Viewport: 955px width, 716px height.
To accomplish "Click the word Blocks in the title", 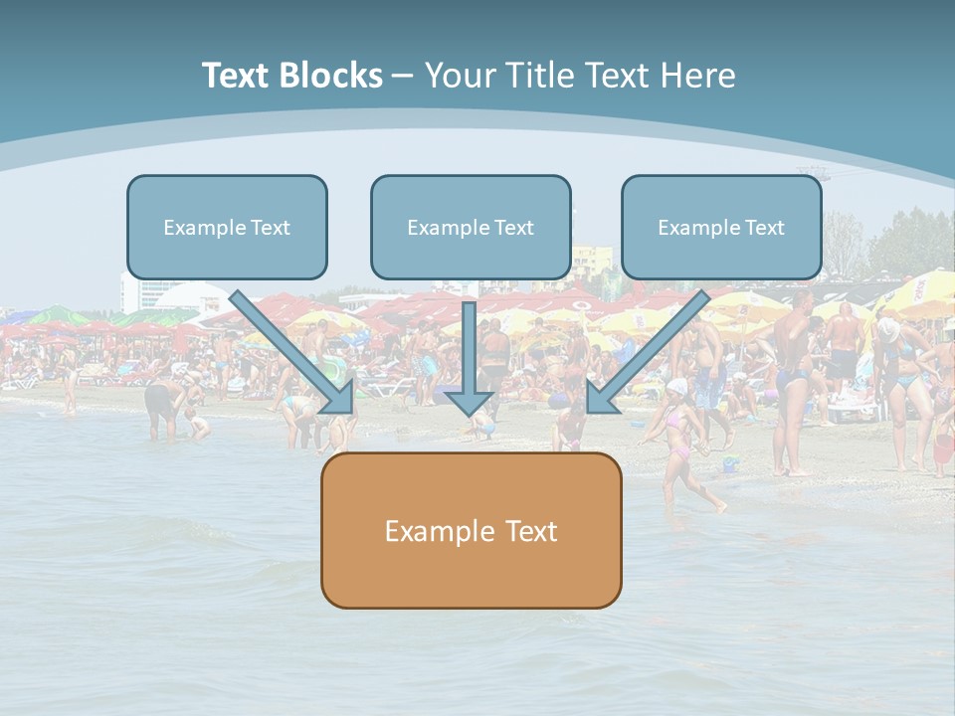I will (330, 76).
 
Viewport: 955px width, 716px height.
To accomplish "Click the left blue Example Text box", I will (227, 227).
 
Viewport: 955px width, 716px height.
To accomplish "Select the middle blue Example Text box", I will (471, 227).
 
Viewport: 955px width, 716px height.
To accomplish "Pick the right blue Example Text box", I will (721, 227).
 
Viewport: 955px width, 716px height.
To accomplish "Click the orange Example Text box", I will (471, 530).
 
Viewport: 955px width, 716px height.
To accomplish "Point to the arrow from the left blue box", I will (288, 348).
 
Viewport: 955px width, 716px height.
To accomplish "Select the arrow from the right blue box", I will (652, 348).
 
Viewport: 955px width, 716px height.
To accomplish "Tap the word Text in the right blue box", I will (764, 228).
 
